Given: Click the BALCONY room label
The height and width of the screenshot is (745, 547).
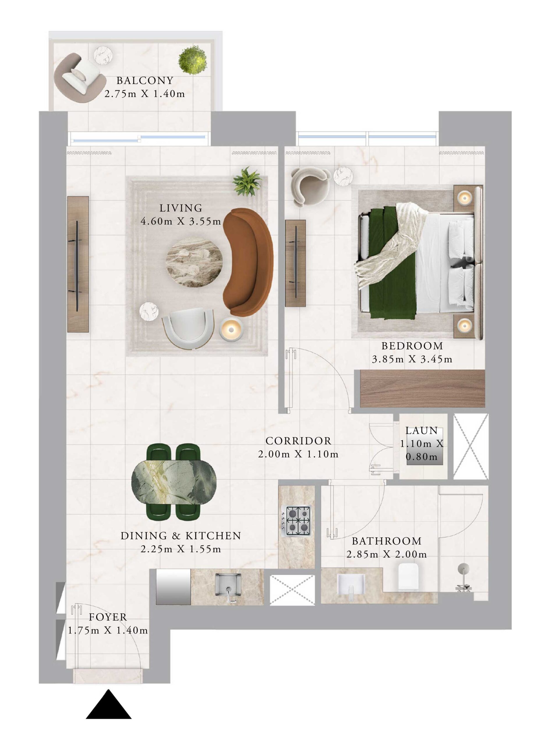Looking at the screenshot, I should (x=145, y=80).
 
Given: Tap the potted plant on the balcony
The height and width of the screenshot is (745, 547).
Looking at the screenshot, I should (x=193, y=60).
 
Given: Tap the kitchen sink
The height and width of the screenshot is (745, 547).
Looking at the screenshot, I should (x=228, y=584).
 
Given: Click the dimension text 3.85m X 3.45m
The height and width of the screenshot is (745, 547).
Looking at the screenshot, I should (x=412, y=359).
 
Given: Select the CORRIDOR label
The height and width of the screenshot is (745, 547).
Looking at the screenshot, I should (x=298, y=441).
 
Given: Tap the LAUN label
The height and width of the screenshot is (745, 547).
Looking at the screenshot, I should (x=422, y=431).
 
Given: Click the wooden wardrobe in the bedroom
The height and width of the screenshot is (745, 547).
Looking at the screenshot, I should (x=422, y=389).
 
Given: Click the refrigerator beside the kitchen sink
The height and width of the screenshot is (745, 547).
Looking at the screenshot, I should (x=173, y=586).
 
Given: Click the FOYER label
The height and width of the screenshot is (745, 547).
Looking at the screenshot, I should (x=108, y=617).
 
